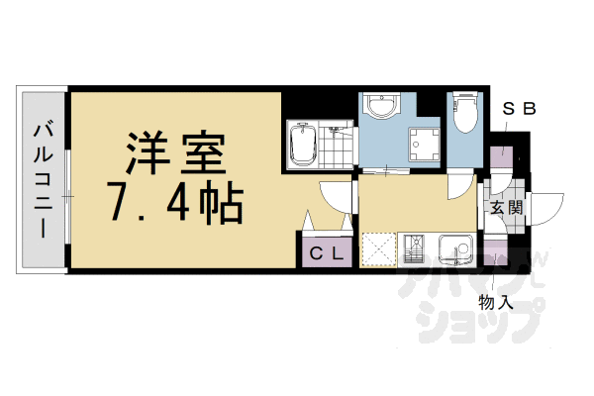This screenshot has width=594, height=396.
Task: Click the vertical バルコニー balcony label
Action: coord(43,178)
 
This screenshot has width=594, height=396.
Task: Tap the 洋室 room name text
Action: coord(175,151)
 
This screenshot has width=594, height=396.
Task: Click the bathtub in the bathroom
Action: coord(301,145)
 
